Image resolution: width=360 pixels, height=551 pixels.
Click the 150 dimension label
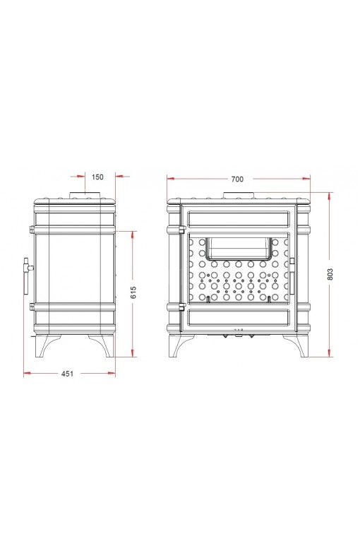pyautogui.click(x=97, y=177)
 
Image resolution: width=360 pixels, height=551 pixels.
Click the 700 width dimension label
pyautogui.click(x=237, y=179)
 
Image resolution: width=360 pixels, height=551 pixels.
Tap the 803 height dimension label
pyautogui.click(x=330, y=275)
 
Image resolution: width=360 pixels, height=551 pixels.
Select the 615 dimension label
pyautogui.click(x=133, y=292)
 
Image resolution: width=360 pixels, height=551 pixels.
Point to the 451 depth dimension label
pyautogui.click(x=68, y=374)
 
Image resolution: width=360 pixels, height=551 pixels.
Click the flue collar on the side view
pyautogui.click(x=85, y=195)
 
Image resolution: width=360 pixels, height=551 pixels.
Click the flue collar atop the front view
pyautogui.click(x=239, y=196)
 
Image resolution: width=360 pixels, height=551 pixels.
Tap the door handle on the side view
pyautogui.click(x=27, y=275)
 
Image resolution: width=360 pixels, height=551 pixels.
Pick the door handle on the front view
pyautogui.click(x=292, y=275)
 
